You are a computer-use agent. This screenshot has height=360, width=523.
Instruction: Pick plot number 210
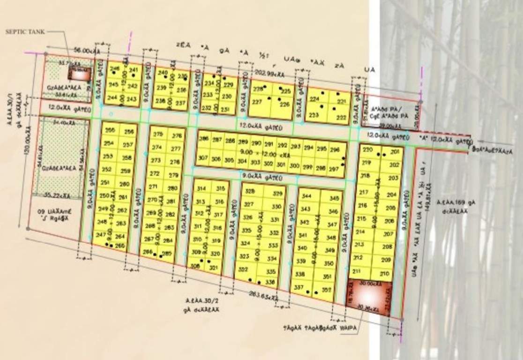coord(385,274)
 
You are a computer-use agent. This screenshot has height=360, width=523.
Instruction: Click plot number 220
coord(368,150)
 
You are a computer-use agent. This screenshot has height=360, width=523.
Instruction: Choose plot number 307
coord(203,158)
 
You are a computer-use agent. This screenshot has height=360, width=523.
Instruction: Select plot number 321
coord(215,268)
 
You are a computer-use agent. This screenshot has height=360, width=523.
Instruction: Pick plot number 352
coord(327,290)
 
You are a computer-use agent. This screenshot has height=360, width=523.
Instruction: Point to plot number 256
coord(129,133)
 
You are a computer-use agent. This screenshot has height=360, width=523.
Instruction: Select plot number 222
coord(341,117)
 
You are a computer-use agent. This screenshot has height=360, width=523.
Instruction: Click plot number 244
coord(112,97)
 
